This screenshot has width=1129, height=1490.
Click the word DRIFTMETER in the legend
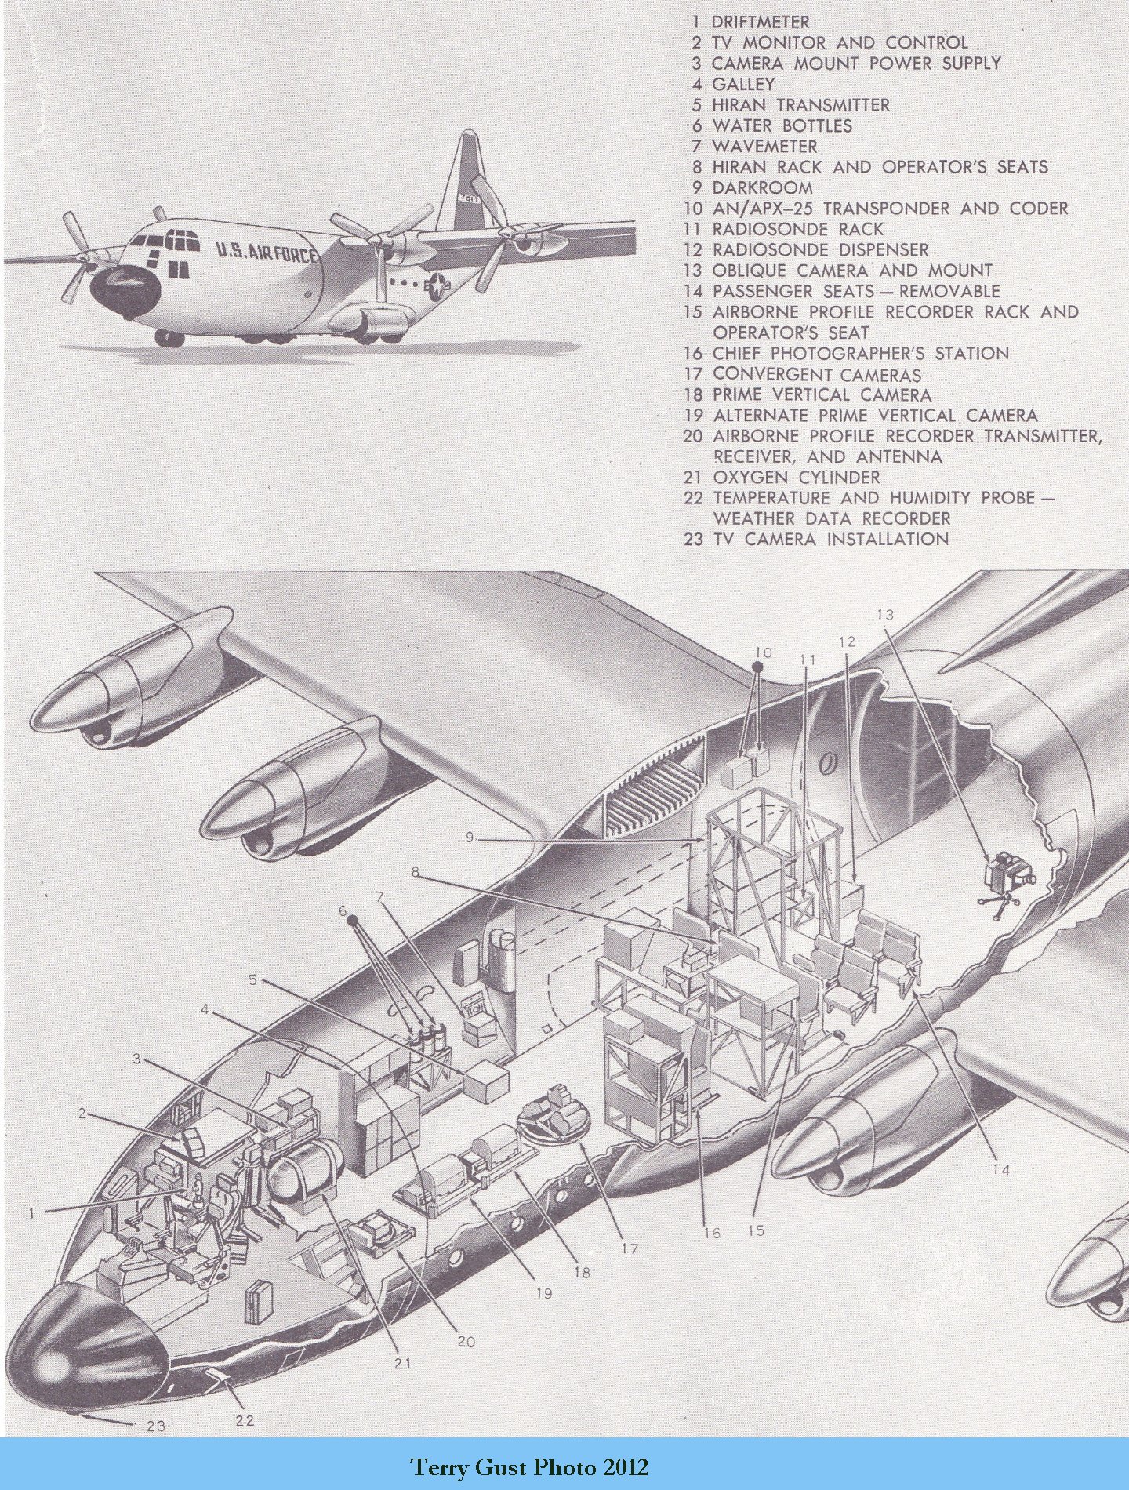pos(760,22)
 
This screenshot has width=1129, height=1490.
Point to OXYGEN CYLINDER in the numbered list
pos(796,477)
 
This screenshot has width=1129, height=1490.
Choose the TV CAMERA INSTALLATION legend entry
pos(830,539)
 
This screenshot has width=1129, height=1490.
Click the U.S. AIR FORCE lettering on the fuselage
pos(267,253)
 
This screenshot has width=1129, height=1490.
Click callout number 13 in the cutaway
pos(884,615)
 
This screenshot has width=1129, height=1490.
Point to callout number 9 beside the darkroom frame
pos(470,838)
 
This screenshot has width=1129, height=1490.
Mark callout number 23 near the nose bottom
pos(156,1425)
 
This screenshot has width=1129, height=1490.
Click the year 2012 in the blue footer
pos(626,1466)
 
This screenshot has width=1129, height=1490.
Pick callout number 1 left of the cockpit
pos(32,1213)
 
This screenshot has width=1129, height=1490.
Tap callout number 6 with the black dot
pos(342,910)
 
